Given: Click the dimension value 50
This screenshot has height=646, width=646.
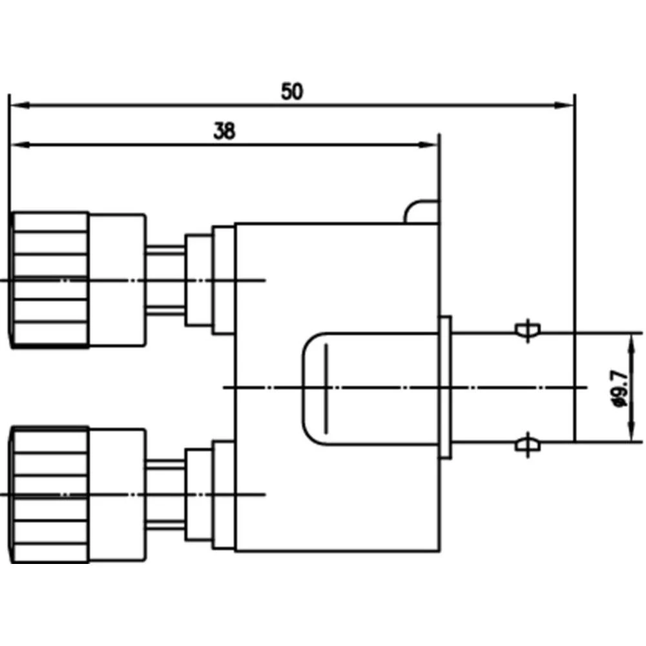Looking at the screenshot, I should click(292, 92).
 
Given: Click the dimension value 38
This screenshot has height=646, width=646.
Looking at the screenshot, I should click(225, 132).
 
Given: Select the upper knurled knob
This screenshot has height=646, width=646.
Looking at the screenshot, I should click(50, 279).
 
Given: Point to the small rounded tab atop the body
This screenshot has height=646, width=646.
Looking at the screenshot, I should click(422, 211).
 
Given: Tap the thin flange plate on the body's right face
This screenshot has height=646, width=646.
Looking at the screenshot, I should click(445, 388).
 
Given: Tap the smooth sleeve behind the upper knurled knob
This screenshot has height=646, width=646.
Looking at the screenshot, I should click(116, 279).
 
